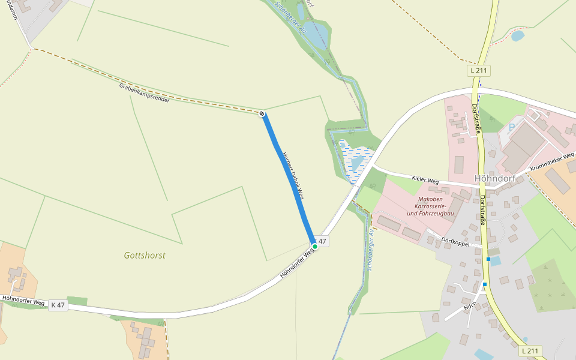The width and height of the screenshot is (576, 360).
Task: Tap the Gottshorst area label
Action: click(145, 255)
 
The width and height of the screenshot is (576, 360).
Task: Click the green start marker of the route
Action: click(314, 246)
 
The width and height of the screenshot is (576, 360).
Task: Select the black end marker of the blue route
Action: click(262, 113)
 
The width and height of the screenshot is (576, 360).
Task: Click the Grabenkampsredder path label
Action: click(144, 93)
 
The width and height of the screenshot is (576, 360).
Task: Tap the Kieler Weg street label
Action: click(425, 179)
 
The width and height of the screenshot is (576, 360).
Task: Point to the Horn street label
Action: click(469, 307)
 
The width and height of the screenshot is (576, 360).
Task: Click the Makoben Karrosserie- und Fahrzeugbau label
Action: click(430, 206)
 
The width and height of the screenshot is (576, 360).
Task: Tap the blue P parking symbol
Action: click(511, 127)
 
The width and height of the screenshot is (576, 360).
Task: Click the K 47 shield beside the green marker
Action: click(322, 241)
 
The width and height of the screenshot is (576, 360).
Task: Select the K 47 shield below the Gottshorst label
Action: click(58, 305)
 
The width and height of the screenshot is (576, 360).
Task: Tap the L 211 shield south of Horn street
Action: click(530, 350)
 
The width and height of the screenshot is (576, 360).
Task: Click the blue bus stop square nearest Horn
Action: click(485, 284)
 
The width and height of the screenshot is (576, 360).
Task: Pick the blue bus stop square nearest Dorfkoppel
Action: click(488, 259)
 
